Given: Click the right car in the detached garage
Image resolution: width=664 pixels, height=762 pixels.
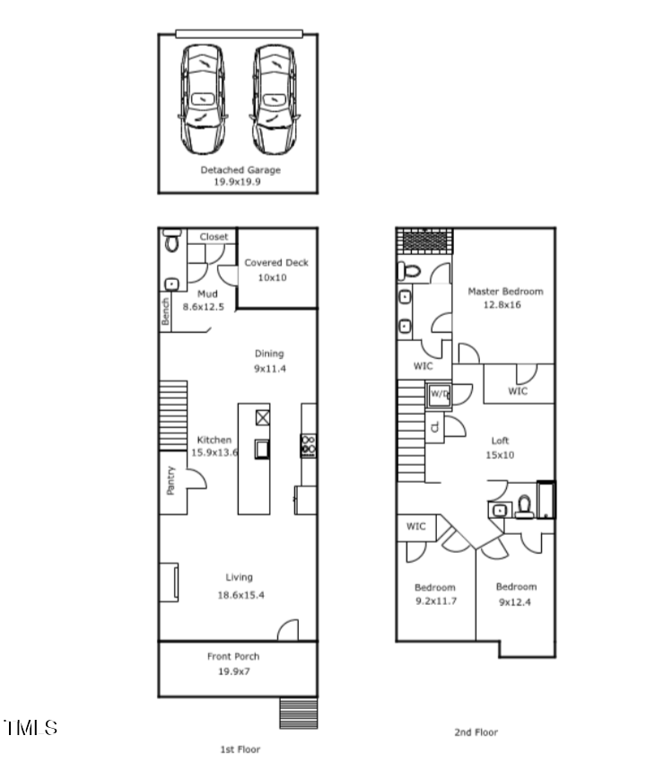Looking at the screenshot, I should (275, 99).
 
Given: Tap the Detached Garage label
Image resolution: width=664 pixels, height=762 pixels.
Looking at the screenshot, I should (240, 170).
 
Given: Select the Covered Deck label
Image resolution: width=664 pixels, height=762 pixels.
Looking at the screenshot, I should (276, 263).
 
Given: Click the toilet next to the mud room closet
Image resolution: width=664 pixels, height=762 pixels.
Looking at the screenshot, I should (172, 241).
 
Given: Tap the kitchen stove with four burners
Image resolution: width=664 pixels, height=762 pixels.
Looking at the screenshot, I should (308, 445).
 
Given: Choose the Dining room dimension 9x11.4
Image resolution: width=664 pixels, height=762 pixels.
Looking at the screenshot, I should (269, 368).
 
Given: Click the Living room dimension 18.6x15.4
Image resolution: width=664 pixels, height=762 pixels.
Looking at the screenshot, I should (239, 595).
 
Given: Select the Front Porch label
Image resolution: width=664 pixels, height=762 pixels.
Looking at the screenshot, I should (232, 657).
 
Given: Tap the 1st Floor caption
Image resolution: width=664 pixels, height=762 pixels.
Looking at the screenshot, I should (240, 749).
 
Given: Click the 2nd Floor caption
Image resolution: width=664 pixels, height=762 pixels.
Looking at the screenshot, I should (475, 732).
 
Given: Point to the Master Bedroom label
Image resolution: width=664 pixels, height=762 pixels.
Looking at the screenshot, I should (505, 292).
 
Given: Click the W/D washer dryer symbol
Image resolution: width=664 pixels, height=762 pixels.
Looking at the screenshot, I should (439, 394).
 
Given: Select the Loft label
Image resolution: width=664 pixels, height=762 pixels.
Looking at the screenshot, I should (500, 441).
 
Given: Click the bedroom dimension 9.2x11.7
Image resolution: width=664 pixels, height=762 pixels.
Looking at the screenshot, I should (435, 600).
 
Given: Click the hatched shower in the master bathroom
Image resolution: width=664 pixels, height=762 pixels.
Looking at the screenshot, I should (426, 241).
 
